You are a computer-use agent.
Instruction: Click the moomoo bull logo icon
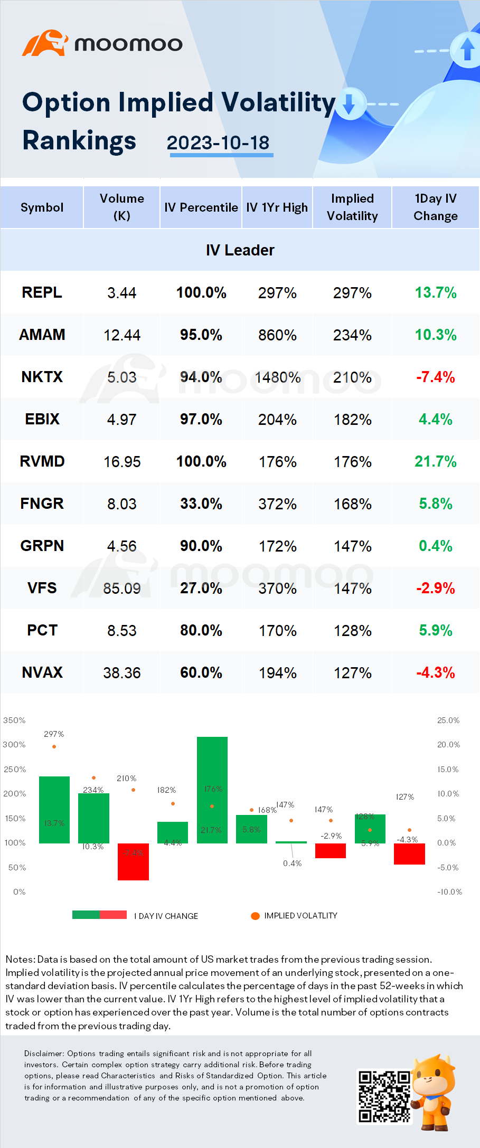(x=45, y=43)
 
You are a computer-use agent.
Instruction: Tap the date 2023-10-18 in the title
(x=218, y=143)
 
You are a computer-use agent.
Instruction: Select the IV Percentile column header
(x=201, y=207)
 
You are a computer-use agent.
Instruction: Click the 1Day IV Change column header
(x=435, y=207)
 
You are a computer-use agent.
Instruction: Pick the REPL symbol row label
(x=42, y=292)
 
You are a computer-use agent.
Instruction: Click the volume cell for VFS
(x=122, y=588)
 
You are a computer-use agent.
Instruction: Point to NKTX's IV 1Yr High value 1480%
(x=277, y=377)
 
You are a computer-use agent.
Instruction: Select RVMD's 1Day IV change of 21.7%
(x=435, y=462)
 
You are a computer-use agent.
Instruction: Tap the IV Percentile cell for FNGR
(x=201, y=504)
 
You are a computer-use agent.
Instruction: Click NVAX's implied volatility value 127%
(x=352, y=673)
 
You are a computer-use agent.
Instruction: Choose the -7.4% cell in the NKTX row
(x=435, y=377)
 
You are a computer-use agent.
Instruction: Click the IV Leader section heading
(x=240, y=250)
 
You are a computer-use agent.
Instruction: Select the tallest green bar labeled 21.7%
(x=212, y=789)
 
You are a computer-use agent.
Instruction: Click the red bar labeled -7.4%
(x=133, y=861)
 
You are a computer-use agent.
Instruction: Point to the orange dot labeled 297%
(x=54, y=746)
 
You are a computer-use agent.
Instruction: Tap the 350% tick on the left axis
(x=14, y=720)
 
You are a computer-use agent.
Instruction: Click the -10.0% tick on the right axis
(x=449, y=892)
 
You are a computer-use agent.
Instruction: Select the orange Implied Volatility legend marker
(x=255, y=916)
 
